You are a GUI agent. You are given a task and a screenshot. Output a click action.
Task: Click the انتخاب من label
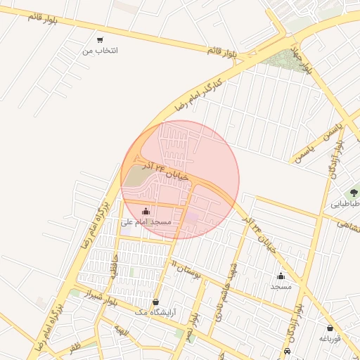[x=101, y=51]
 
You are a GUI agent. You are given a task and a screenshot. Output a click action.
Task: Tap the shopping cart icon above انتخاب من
[x=101, y=40]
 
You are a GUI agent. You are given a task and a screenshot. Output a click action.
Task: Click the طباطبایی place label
[x=345, y=205]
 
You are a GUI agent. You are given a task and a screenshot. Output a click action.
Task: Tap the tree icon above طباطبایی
[x=354, y=193]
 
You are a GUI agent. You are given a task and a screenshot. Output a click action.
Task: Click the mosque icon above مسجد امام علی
[x=146, y=211]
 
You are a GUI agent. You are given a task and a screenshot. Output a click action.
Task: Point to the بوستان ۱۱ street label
[x=186, y=269]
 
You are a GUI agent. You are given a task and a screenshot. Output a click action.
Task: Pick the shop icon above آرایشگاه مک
[x=155, y=302]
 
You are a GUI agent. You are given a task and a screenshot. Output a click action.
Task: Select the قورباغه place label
[x=330, y=339]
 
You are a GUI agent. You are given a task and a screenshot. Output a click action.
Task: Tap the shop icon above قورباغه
[x=330, y=328]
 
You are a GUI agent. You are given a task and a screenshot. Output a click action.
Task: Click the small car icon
[x=287, y=351]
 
